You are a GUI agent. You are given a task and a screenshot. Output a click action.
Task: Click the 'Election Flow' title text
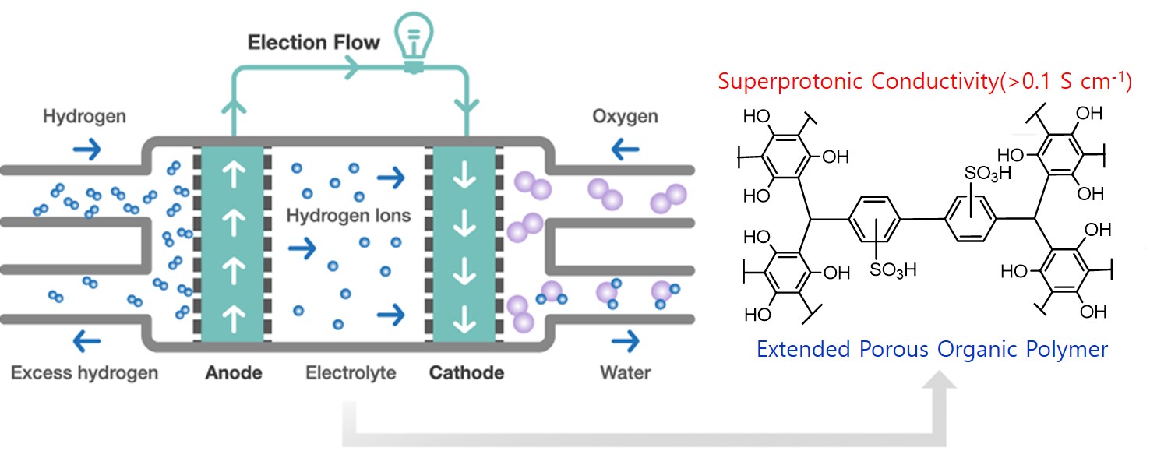(313, 42)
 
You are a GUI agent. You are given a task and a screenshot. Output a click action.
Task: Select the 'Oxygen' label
(625, 117)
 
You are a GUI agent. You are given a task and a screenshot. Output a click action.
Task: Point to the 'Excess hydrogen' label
(84, 372)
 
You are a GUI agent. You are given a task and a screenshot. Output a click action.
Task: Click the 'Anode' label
(234, 372)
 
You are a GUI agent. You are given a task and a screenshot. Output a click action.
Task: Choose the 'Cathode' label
(467, 372)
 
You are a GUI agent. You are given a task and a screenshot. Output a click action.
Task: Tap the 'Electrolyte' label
(350, 372)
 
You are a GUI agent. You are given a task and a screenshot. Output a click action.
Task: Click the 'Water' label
(625, 372)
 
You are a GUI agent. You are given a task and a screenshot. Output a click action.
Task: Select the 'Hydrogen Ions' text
(347, 216)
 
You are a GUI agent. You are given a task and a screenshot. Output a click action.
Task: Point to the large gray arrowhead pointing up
(944, 382)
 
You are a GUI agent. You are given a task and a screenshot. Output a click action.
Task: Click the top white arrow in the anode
(232, 176)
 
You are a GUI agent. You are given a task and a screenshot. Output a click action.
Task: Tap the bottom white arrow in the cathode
(465, 318)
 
